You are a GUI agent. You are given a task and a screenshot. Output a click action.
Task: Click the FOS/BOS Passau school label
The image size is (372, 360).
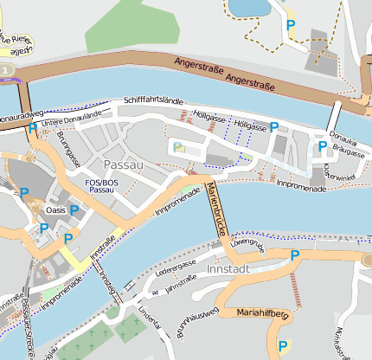[x=102, y=186]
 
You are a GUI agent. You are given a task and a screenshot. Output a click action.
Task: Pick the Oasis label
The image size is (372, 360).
[x=55, y=210]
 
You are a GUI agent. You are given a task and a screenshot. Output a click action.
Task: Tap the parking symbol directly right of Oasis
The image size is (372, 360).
[x=74, y=210]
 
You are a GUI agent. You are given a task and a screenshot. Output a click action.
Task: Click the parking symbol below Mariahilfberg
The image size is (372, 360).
[x=282, y=348]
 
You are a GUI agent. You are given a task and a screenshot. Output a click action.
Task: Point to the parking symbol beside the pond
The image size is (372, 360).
[x=291, y=25]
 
